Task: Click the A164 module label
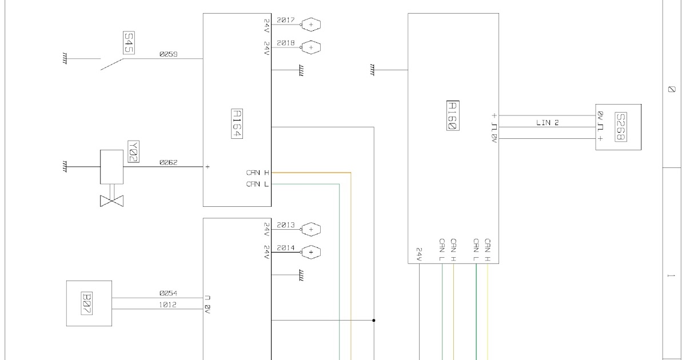[237, 123]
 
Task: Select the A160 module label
[453, 115]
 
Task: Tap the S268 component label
[621, 127]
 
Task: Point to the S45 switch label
[129, 43]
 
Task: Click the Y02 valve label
[134, 151]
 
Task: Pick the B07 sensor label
[87, 303]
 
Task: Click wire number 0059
[169, 54]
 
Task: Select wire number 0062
[169, 162]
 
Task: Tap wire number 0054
[169, 293]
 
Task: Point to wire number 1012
[168, 305]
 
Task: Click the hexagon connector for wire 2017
[311, 25]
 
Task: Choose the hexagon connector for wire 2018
[311, 47]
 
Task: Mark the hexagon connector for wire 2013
[311, 229]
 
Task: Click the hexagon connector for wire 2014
[311, 252]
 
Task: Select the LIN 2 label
[548, 122]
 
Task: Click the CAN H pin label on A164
[258, 173]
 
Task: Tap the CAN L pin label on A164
[257, 184]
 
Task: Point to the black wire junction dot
[374, 320]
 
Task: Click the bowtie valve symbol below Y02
[112, 201]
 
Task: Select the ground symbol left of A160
[372, 70]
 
